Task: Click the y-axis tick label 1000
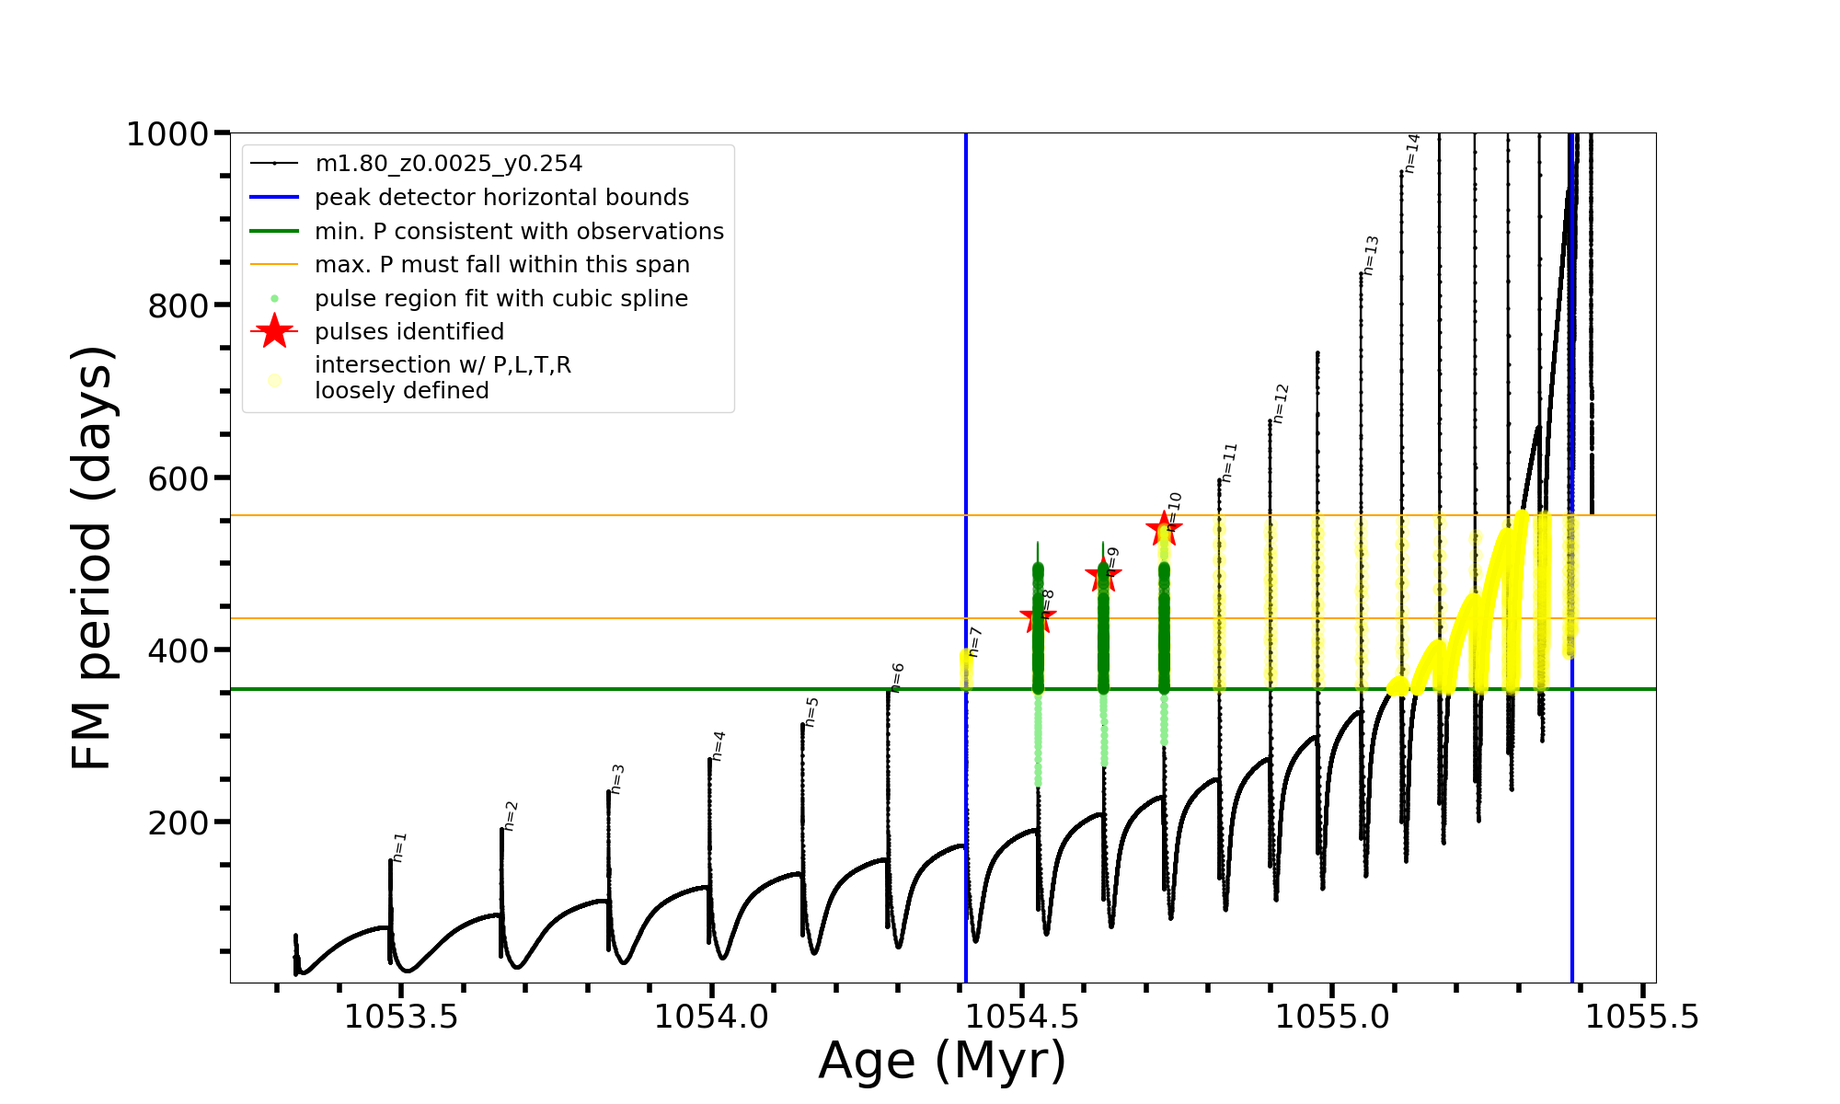[x=167, y=134]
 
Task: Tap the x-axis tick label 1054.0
[x=711, y=1017]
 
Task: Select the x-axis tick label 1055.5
[x=1642, y=1017]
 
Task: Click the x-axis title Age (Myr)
[x=942, y=1061]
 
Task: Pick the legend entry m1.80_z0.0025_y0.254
[x=448, y=164]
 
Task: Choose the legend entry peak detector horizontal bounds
[x=501, y=198]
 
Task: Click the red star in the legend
[x=274, y=331]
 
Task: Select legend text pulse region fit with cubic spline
[x=501, y=299]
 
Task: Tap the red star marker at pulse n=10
[x=1164, y=528]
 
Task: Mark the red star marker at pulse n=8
[x=1038, y=616]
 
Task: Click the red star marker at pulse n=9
[x=1103, y=576]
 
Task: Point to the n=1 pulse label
[x=399, y=847]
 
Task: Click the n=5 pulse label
[x=811, y=712]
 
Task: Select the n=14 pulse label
[x=1412, y=154]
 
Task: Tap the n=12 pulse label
[x=1281, y=404]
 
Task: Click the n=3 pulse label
[x=617, y=779]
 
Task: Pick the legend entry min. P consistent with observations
[x=519, y=232]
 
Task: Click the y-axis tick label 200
[x=178, y=822]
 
